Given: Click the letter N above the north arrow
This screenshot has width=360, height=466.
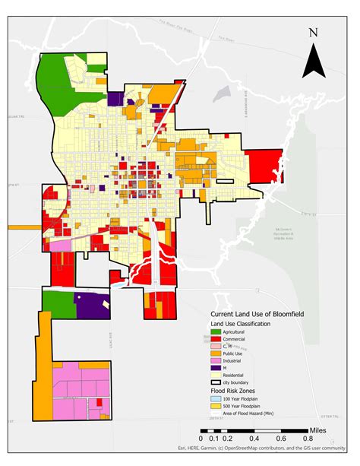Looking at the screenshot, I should point(313,33).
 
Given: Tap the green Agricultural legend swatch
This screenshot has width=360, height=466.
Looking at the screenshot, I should point(216,332).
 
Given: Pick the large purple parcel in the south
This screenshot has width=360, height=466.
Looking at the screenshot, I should point(94,305).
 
